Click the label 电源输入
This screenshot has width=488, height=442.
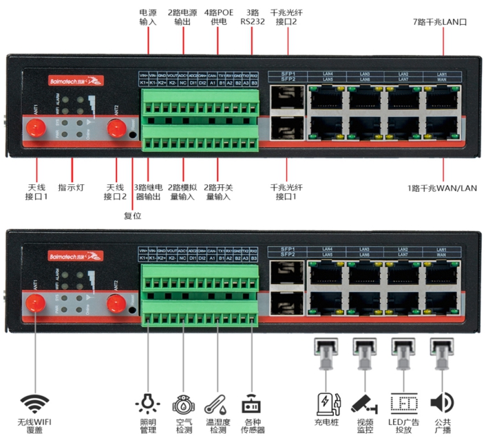tap(148, 17)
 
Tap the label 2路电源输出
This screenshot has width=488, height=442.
tap(182, 17)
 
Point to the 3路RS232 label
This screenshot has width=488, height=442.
tap(252, 17)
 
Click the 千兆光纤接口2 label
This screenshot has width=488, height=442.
tap(288, 17)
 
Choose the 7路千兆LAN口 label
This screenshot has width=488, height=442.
tap(442, 23)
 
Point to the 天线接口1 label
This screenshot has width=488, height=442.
tap(36, 192)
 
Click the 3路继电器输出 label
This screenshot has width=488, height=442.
tap(148, 192)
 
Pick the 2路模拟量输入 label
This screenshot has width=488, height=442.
tap(182, 192)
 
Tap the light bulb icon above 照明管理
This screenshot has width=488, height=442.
tap(147, 403)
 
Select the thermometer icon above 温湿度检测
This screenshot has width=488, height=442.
tap(215, 404)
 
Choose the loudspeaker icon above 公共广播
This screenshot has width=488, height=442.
tap(441, 402)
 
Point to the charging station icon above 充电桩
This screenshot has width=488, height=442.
tap(327, 402)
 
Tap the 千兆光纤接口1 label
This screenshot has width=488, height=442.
tap(288, 192)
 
